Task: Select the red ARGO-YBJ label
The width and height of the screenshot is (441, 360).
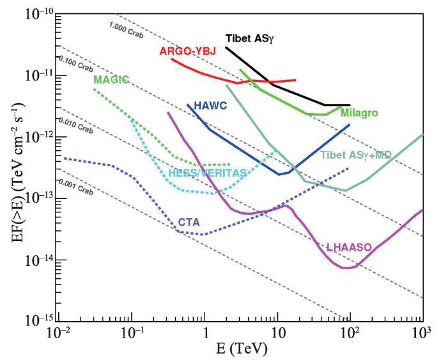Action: (188, 51)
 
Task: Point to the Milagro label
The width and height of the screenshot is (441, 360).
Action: (359, 113)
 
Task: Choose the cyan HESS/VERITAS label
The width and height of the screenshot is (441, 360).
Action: (207, 173)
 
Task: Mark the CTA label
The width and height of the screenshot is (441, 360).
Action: (190, 222)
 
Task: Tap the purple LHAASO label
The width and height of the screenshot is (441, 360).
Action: (349, 246)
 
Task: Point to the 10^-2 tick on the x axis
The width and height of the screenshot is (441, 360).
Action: (59, 334)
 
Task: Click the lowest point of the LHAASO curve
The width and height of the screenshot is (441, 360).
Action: (346, 268)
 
